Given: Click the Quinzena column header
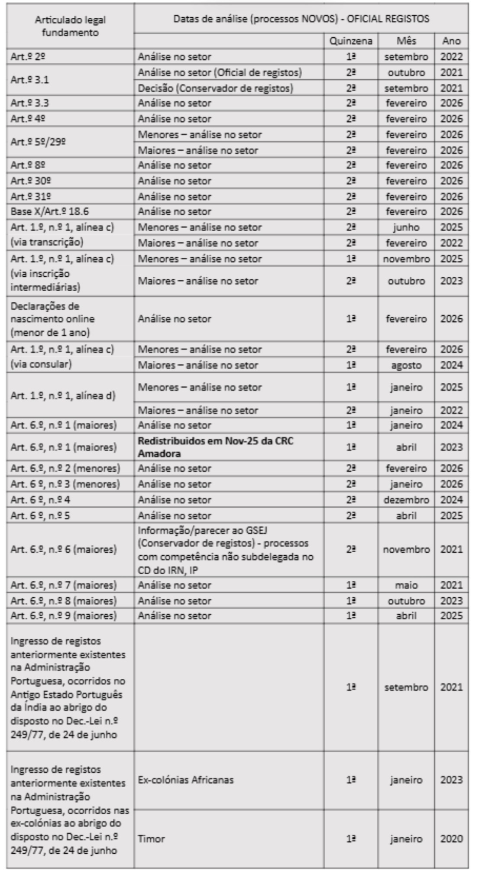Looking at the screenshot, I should pos(351,41).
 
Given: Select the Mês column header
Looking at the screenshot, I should pos(406,41).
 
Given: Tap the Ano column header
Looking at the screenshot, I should pos(451,41).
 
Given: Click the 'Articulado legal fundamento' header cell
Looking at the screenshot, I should pos(70,26).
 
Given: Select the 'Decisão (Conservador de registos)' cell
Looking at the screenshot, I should pos(215,88).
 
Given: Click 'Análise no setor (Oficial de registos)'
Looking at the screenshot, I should pos(220,72).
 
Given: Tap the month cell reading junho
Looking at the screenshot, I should pos(406,227).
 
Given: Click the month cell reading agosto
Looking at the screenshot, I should pos(406,365).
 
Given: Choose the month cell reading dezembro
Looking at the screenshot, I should pos(406,500).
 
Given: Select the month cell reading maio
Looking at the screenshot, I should pos(406,585).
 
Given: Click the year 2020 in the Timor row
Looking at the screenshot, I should pos(451,839).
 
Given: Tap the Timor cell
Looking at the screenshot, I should pos(151,839).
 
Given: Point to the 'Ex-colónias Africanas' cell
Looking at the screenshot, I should pos(185,780).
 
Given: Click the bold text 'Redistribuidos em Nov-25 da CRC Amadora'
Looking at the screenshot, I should pos(215,447).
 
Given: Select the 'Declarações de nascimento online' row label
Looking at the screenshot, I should pos(52,319).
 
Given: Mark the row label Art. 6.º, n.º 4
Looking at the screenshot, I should pos(40,500).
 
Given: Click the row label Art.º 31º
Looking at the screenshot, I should pos(31,197).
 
